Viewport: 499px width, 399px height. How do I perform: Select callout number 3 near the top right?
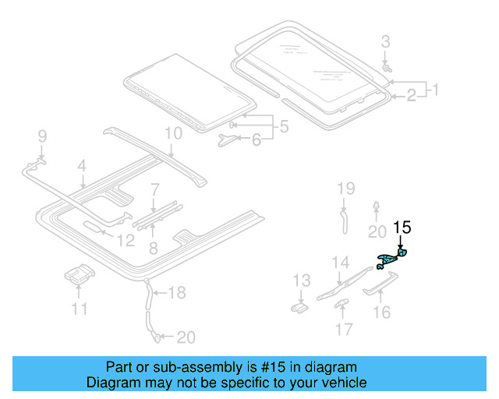pyautogui.click(x=385, y=41)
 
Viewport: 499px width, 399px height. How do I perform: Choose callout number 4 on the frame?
pyautogui.click(x=81, y=165)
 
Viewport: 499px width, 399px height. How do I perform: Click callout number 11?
pyautogui.click(x=79, y=309)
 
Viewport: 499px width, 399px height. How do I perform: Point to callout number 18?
pyautogui.click(x=178, y=293)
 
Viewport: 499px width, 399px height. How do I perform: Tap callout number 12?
pyautogui.click(x=125, y=242)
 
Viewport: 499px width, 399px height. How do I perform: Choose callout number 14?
pyautogui.click(x=341, y=262)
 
